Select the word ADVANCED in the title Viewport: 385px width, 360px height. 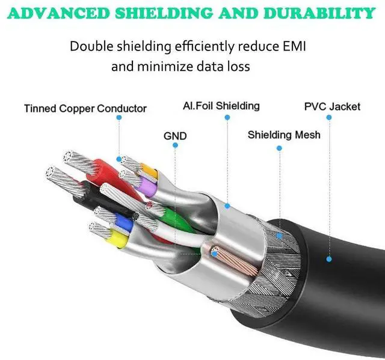pyautogui.click(x=59, y=13)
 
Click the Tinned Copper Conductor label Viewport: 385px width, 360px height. pyautogui.click(x=85, y=109)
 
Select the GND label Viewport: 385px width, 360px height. pyautogui.click(x=175, y=136)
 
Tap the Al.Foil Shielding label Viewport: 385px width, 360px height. pyautogui.click(x=221, y=106)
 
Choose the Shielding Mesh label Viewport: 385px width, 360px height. pyautogui.click(x=284, y=135)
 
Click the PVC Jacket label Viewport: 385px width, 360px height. pyautogui.click(x=333, y=107)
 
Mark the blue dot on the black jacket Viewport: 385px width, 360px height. pyautogui.click(x=329, y=259)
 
